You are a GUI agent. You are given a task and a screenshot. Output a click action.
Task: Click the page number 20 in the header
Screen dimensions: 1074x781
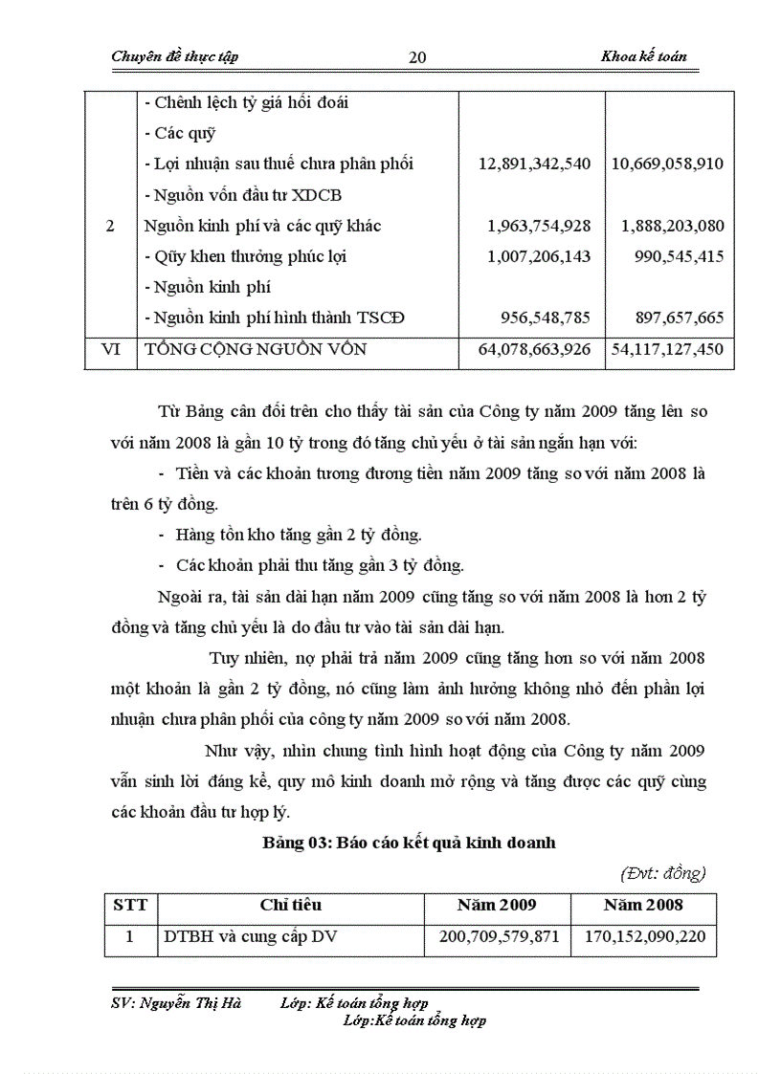coord(417,57)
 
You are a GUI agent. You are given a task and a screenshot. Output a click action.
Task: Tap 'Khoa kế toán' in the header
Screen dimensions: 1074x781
coord(643,56)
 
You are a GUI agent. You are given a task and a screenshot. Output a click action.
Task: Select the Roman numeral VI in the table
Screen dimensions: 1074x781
coord(111,350)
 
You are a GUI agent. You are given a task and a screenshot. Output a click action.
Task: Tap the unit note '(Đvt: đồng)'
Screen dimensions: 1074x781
coord(662,872)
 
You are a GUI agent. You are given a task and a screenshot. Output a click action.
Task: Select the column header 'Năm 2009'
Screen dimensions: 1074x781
coord(497,905)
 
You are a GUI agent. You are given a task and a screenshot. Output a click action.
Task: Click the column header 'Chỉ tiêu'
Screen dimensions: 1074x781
coord(290,905)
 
